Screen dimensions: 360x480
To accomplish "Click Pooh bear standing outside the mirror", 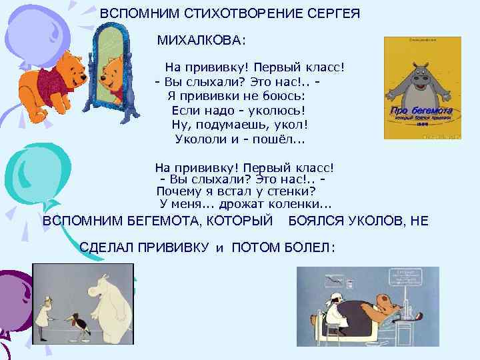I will (47, 80).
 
